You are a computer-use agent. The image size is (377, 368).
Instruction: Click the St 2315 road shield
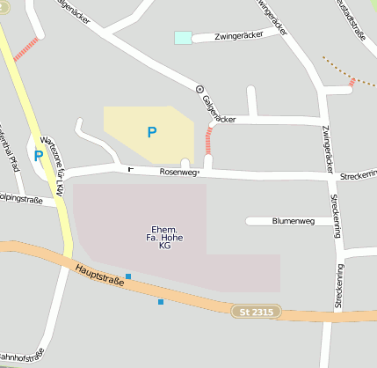[256, 312]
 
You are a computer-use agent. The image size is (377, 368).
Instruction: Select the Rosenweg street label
[179, 173]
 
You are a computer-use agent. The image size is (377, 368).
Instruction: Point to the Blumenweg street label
[294, 222]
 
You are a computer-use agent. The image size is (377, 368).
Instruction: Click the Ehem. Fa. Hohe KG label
[164, 237]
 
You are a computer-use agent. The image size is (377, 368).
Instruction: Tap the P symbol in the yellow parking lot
[152, 132]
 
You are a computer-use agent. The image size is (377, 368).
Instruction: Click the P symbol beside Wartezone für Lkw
[38, 156]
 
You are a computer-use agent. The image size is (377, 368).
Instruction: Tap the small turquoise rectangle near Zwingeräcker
[183, 38]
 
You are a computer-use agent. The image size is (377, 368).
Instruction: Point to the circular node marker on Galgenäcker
[199, 89]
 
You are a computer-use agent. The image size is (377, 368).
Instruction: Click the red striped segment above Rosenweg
[209, 140]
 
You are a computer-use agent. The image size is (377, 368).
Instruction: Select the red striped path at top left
[27, 48]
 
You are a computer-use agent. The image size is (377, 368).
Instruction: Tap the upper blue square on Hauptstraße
[128, 276]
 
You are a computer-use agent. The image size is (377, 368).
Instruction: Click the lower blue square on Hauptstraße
[161, 302]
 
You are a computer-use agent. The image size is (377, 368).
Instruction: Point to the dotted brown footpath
[338, 68]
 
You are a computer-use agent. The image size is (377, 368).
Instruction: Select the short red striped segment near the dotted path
[353, 82]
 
